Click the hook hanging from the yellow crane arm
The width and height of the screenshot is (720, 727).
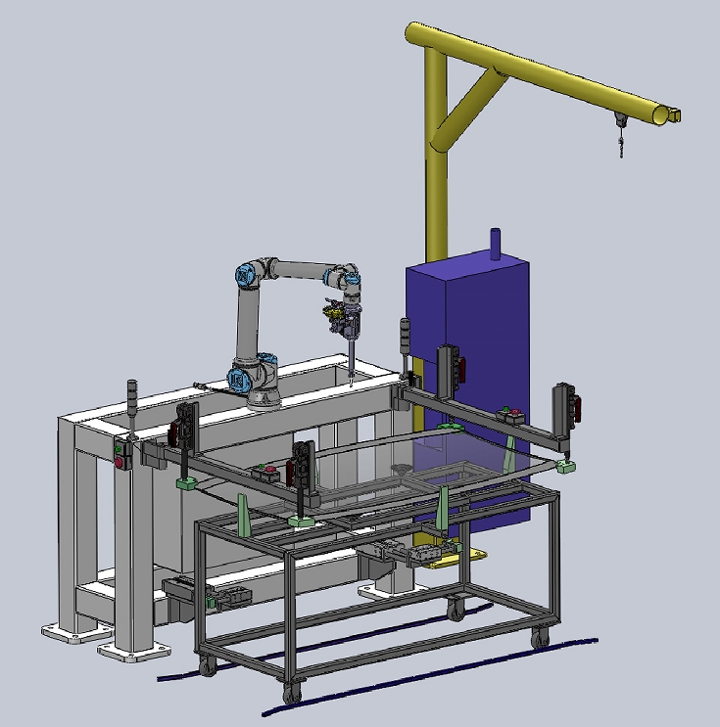pyautogui.click(x=620, y=147)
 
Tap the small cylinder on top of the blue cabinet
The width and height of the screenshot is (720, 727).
pyautogui.click(x=495, y=244)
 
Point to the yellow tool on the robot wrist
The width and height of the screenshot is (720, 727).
pyautogui.click(x=332, y=313)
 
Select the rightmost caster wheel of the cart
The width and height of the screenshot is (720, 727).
pyautogui.click(x=540, y=639)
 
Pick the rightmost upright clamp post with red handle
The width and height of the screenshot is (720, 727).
pyautogui.click(x=565, y=405)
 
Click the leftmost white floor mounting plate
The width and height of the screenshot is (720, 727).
pyautogui.click(x=66, y=635)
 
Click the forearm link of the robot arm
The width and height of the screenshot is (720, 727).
pyautogui.click(x=304, y=268)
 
